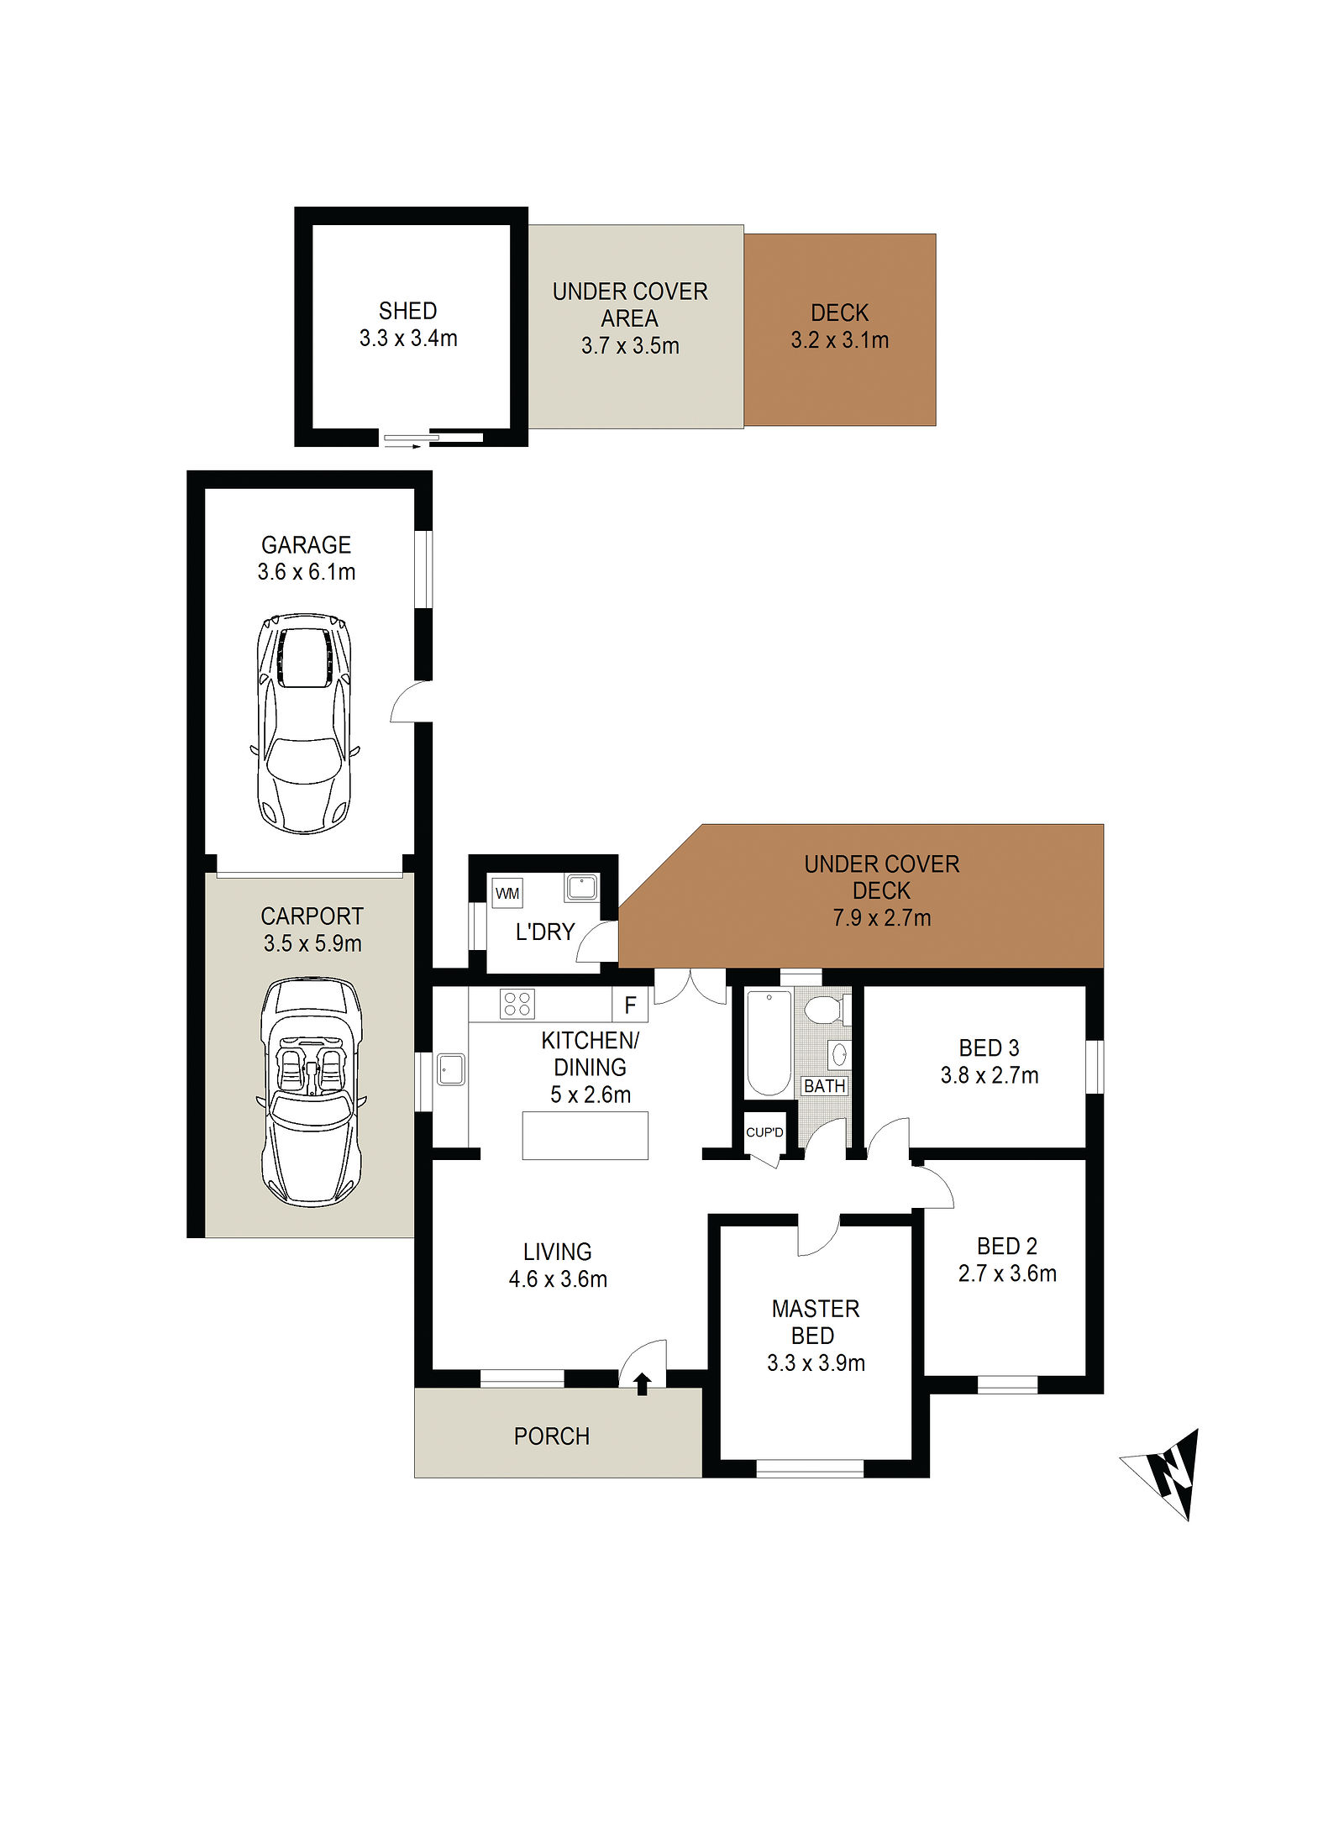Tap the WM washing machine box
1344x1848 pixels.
pyautogui.click(x=507, y=893)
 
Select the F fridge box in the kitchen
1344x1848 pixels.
pyautogui.click(x=630, y=1005)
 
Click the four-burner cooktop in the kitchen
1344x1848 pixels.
pyautogui.click(x=517, y=1004)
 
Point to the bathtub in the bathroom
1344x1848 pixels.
pyautogui.click(x=769, y=1043)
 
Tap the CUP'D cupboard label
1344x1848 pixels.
pyautogui.click(x=764, y=1132)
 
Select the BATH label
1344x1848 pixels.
pyautogui.click(x=825, y=1086)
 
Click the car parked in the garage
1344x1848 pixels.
pyautogui.click(x=304, y=723)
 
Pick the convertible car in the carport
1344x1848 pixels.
pyautogui.click(x=312, y=1091)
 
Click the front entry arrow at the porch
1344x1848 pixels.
pyautogui.click(x=643, y=1383)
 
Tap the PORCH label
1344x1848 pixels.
pyautogui.click(x=552, y=1436)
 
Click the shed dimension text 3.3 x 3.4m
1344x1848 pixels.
pyautogui.click(x=408, y=339)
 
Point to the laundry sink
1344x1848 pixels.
pyautogui.click(x=581, y=887)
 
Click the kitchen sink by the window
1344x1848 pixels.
pyautogui.click(x=450, y=1069)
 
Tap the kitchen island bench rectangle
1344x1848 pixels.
pyautogui.click(x=585, y=1136)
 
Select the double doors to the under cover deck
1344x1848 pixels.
pyautogui.click(x=690, y=986)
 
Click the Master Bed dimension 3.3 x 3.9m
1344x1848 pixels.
pyautogui.click(x=816, y=1363)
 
